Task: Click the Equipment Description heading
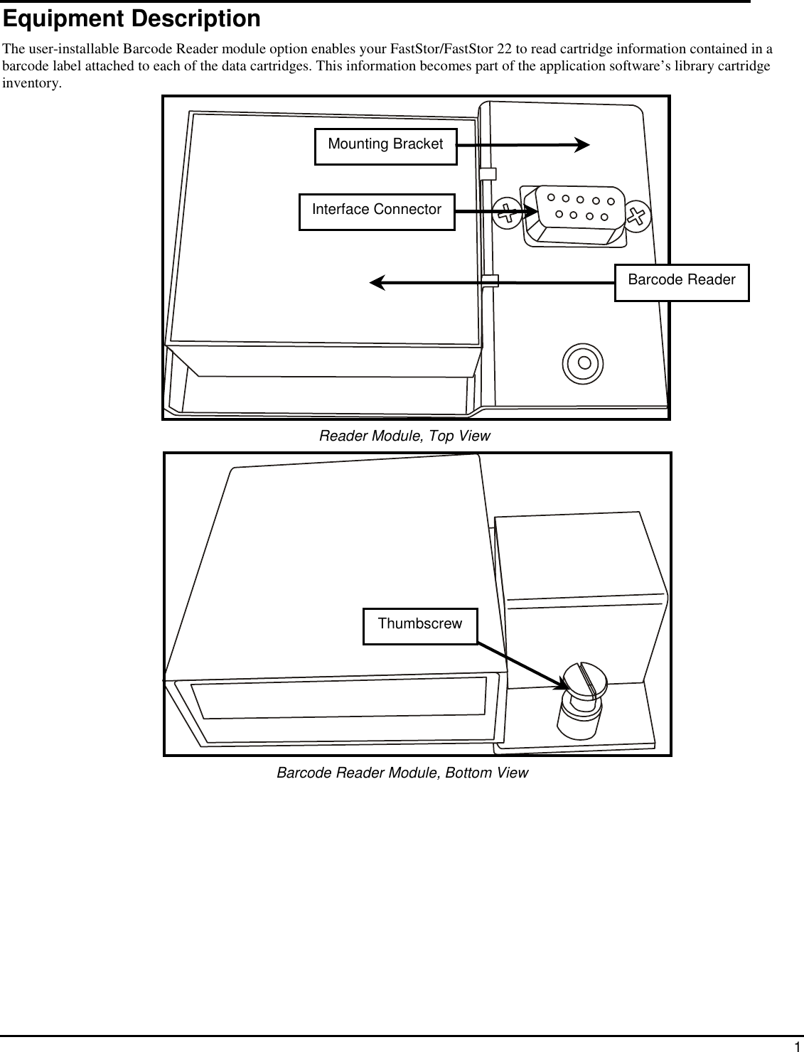coord(132,19)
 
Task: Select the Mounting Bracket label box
coord(385,145)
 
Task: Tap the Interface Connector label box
coord(376,210)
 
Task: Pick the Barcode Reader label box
coord(681,281)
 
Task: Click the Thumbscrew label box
coord(419,625)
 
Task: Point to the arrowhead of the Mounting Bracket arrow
coord(581,145)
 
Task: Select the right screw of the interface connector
coord(638,215)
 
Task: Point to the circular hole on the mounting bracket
coord(584,363)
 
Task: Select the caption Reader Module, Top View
coord(404,436)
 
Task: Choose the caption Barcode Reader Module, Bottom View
coord(402,773)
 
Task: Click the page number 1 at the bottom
coord(797,1046)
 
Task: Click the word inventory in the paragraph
coord(31,84)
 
